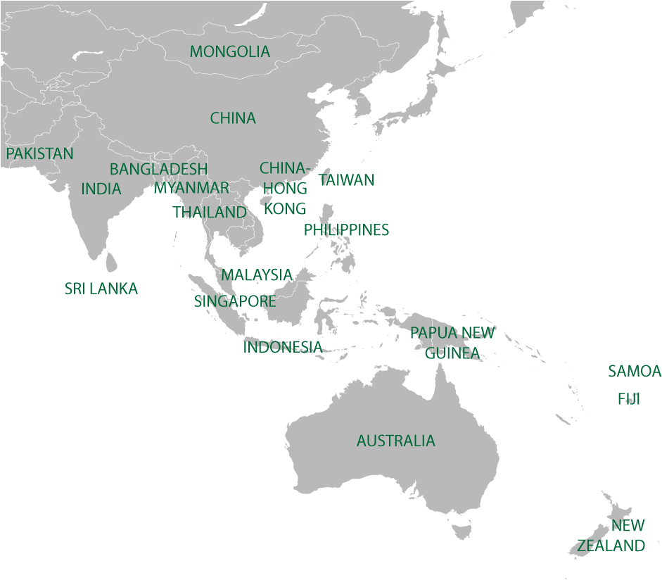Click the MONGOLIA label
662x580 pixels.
coord(229,51)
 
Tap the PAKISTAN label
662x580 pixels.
coord(39,153)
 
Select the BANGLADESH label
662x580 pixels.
coord(158,170)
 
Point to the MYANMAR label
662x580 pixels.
coord(191,188)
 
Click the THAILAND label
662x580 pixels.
coord(210,212)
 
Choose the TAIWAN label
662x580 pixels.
coord(347,180)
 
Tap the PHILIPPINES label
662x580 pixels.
coord(346,230)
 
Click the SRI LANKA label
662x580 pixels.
coord(101,289)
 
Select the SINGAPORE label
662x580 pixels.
coord(235,301)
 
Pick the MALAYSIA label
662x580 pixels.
coord(257,275)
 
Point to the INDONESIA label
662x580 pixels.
coord(283,346)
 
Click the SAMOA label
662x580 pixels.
coord(635,371)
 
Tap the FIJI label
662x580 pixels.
coord(629,399)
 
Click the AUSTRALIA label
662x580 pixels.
coord(395,441)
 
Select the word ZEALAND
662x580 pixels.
coord(611,546)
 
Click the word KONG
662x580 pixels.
coord(284,208)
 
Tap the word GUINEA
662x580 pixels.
coord(452,353)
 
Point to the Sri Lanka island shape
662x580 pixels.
coord(110,263)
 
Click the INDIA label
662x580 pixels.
coord(101,189)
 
